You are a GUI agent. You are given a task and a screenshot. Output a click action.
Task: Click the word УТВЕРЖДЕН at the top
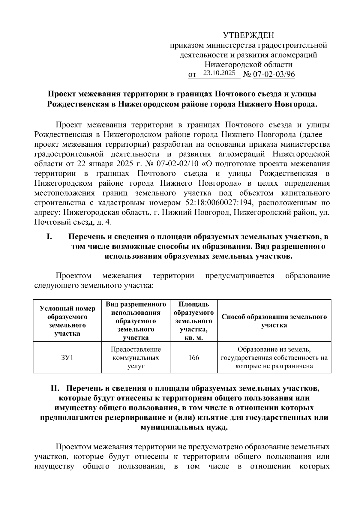(248, 36)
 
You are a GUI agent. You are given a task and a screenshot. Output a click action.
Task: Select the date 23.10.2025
(219, 73)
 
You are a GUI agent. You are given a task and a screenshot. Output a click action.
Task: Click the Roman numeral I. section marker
(49, 237)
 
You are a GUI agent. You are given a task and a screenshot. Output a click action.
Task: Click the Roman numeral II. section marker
(56, 388)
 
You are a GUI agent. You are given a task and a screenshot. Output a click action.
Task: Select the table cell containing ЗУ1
(67, 358)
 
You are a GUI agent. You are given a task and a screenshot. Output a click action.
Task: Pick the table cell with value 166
(194, 358)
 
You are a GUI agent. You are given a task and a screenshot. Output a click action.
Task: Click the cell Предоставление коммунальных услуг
(136, 358)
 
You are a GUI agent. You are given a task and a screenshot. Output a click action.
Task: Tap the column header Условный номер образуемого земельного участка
(67, 321)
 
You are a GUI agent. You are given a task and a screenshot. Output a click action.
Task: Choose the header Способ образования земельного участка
(274, 321)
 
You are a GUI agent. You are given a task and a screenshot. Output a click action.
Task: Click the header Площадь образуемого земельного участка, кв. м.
(194, 321)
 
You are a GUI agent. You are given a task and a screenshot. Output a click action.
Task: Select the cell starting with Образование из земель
(274, 358)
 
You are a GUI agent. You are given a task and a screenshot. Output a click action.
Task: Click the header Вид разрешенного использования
(136, 321)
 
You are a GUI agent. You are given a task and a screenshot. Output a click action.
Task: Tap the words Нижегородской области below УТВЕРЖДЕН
(248, 64)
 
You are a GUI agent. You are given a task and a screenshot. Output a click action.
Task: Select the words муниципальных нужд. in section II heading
(184, 427)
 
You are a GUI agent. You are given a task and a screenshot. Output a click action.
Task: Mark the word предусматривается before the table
(239, 276)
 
